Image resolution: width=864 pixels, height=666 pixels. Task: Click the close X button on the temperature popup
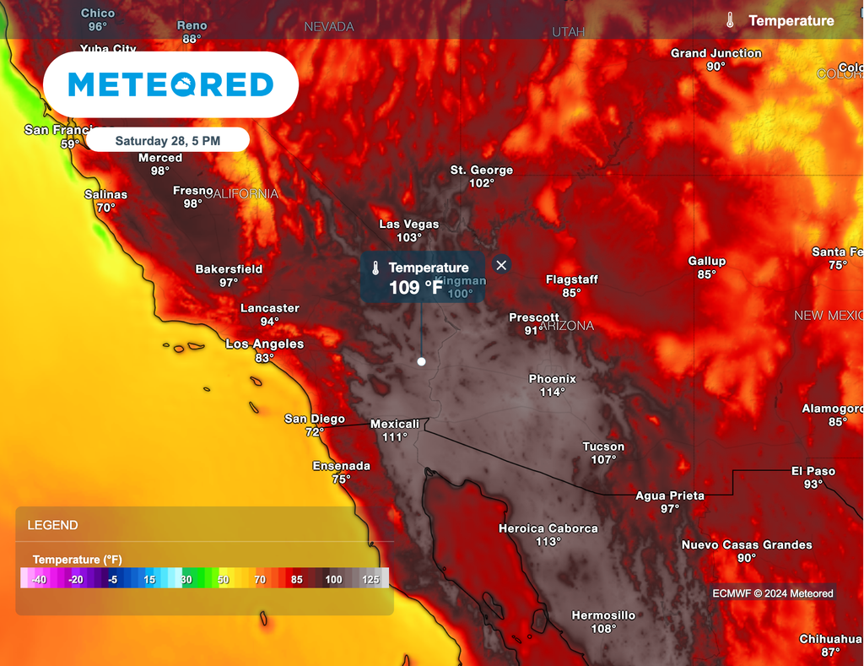click(502, 265)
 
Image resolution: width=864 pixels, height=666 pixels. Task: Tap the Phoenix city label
click(552, 379)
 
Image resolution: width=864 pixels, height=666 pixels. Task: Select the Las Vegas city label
click(408, 225)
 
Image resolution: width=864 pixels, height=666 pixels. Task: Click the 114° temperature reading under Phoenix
click(552, 392)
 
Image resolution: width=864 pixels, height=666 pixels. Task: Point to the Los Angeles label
click(264, 344)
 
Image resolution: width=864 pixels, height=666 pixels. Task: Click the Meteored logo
click(170, 84)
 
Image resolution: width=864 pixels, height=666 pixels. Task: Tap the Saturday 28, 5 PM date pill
click(168, 140)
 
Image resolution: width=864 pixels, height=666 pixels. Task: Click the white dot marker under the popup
click(421, 361)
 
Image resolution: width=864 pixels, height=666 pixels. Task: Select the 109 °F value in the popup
click(415, 288)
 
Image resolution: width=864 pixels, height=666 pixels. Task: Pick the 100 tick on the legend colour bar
click(333, 580)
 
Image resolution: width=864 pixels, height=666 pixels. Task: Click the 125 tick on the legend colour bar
click(370, 580)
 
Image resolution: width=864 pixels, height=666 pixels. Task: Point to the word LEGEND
click(52, 525)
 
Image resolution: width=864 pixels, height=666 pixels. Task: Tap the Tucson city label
click(603, 447)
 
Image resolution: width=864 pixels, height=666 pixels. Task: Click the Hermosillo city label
click(603, 615)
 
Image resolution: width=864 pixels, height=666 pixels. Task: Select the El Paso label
click(813, 471)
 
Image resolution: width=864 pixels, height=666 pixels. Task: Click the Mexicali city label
click(395, 424)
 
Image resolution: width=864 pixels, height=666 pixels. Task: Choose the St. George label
click(481, 171)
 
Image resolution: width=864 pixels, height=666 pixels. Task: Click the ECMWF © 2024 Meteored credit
click(772, 593)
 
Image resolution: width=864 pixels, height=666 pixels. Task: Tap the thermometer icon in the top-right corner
click(731, 20)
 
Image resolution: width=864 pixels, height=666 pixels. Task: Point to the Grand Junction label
click(715, 53)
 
